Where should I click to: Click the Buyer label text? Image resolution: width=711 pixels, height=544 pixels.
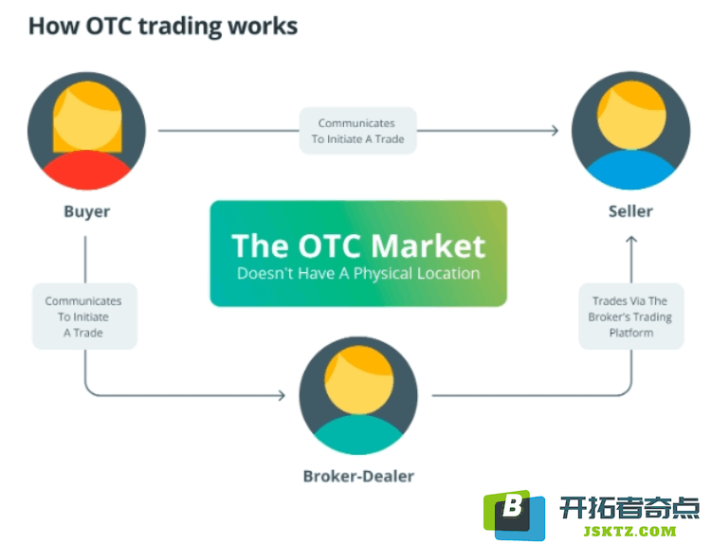point(87,211)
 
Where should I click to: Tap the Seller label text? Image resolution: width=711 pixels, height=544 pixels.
point(630,211)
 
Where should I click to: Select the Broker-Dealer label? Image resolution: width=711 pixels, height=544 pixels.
point(358,477)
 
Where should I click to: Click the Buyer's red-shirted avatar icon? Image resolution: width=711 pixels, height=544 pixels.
point(86,131)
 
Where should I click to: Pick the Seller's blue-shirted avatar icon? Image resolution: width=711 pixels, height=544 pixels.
point(630,131)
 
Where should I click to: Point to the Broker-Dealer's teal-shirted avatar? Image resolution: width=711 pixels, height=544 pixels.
point(358,395)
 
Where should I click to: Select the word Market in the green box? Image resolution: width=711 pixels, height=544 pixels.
point(428,246)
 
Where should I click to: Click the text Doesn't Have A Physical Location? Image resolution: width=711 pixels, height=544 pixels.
point(358,273)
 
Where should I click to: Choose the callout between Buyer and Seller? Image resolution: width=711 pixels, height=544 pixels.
point(357,131)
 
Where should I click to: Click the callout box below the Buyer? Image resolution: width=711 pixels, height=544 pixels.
point(84,317)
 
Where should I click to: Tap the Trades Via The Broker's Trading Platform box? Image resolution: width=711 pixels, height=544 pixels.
point(631,317)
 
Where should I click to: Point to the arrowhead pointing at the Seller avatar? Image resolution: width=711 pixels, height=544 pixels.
point(555,131)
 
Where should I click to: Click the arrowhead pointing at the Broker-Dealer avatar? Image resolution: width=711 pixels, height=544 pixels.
point(282,395)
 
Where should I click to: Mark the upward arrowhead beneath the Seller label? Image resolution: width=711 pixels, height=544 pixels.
point(631,240)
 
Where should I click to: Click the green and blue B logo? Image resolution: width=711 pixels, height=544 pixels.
point(514,515)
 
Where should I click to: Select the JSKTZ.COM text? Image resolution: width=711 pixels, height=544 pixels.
point(629,531)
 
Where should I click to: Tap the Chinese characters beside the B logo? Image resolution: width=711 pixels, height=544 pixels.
point(629,508)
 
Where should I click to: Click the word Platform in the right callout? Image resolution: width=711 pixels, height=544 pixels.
point(631,333)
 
